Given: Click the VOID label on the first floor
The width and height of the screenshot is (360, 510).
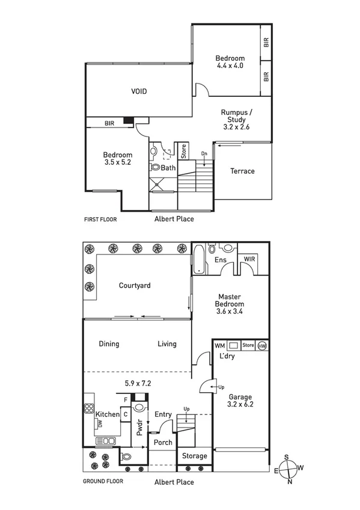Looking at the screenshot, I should (x=139, y=91).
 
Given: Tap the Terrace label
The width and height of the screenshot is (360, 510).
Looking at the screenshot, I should (x=242, y=171).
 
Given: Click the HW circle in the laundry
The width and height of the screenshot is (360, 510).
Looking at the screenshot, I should (x=262, y=346).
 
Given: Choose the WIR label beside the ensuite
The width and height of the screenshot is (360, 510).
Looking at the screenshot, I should (x=249, y=260).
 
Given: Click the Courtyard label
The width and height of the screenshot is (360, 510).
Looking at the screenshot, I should (x=134, y=286).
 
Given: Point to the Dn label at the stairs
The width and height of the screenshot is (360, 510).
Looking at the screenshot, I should (x=204, y=155).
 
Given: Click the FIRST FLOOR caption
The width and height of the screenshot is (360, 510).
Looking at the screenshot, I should (x=100, y=220).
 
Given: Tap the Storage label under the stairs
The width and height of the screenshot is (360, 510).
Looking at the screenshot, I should (x=195, y=456).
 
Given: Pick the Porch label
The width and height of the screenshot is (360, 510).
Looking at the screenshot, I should (x=163, y=443).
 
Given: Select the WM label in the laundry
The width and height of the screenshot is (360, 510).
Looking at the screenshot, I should (x=219, y=346).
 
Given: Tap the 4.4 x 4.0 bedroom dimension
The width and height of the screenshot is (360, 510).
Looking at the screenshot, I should (x=230, y=66).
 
